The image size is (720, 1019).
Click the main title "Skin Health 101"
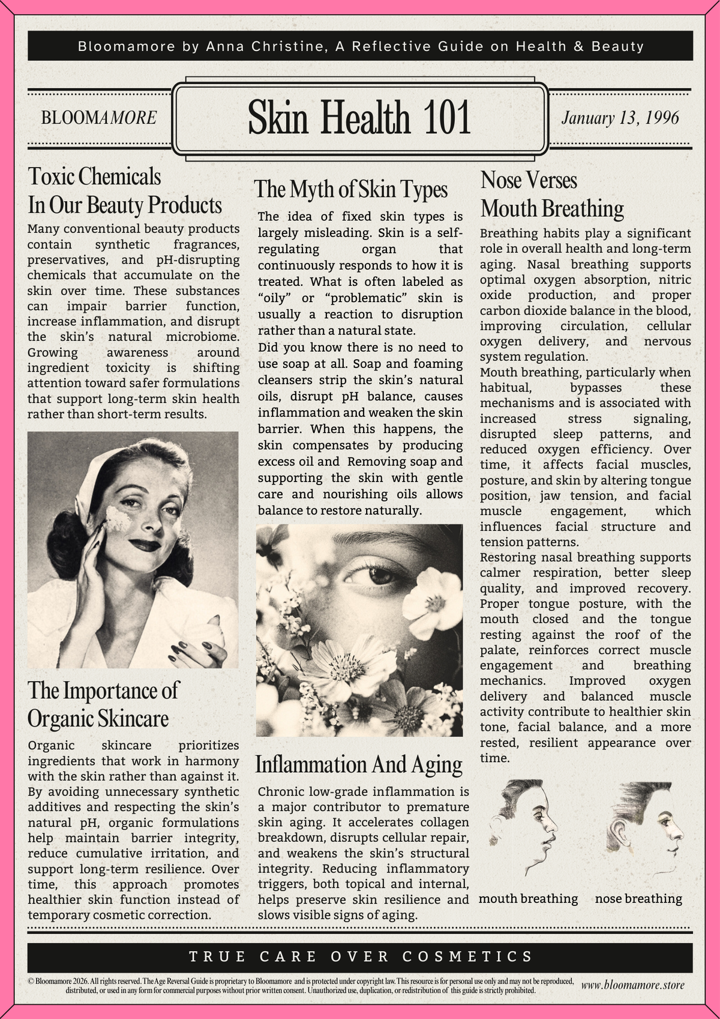(x=359, y=118)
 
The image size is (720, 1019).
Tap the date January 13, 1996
(x=620, y=117)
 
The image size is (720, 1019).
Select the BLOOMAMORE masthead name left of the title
(x=98, y=118)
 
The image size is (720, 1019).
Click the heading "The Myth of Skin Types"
(x=350, y=190)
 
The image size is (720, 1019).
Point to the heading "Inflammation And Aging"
(x=359, y=765)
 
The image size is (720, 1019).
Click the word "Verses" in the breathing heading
(x=548, y=181)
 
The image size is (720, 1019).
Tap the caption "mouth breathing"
(x=528, y=899)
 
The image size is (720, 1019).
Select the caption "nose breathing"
(x=638, y=899)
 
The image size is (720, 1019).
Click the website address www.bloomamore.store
(x=632, y=985)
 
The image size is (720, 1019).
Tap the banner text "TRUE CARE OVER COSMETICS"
(x=361, y=957)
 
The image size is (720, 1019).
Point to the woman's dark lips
(x=145, y=545)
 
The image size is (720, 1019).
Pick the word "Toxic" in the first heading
(x=52, y=177)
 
